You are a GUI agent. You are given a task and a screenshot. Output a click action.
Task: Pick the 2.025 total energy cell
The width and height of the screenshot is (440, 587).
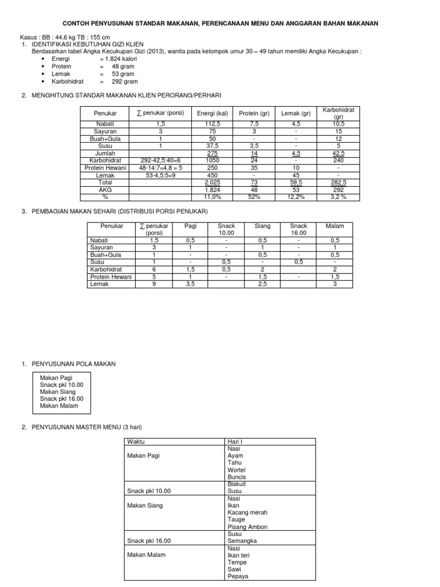[213, 182]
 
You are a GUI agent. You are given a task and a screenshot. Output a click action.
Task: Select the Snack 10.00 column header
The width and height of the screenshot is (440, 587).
[226, 229]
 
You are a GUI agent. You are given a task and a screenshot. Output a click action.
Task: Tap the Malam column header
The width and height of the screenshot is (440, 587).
[335, 226]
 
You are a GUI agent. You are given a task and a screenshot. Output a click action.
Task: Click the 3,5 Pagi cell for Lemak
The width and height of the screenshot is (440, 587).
[190, 284]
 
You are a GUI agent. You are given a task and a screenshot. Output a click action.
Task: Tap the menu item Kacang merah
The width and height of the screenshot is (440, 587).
[247, 512]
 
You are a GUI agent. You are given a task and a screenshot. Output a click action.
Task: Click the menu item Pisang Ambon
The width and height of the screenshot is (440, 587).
[247, 527]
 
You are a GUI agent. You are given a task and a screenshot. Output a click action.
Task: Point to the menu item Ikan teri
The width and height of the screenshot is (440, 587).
[239, 555]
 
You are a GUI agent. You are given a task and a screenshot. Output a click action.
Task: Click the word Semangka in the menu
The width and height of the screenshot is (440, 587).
[242, 541]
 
